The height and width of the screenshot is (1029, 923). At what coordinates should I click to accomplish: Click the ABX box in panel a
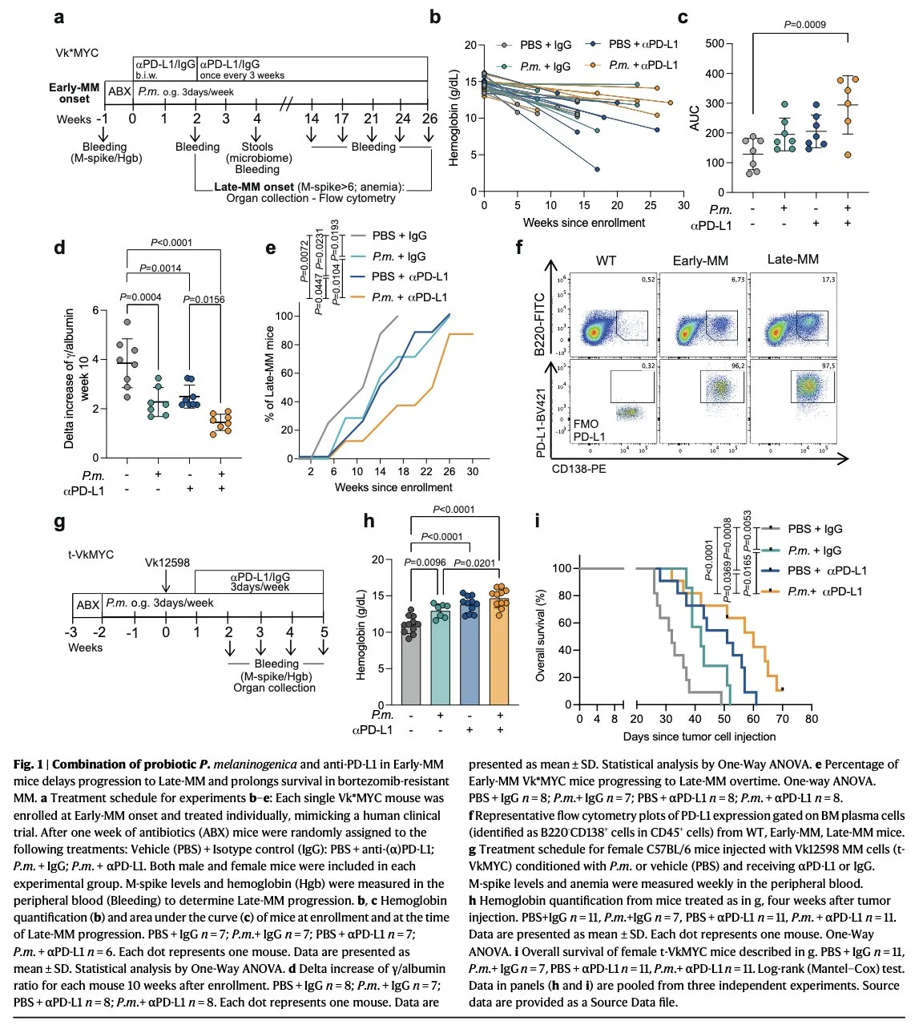119,92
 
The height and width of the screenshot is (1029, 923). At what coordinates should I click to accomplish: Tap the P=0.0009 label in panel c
804,24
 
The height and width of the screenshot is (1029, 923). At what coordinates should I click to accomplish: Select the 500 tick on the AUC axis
715,44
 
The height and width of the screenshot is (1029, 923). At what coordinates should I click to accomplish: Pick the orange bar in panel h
500,651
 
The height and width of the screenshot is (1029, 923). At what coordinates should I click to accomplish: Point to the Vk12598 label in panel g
167,563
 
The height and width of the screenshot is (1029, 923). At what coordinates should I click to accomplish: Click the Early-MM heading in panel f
700,260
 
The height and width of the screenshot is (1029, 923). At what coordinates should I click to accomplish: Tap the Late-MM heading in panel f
792,260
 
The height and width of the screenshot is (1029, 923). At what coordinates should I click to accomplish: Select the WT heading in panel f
607,260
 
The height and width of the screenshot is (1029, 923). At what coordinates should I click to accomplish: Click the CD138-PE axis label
578,469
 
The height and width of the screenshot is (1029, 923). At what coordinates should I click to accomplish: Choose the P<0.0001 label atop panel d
171,243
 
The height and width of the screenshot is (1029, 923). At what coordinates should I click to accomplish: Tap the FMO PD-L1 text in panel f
589,430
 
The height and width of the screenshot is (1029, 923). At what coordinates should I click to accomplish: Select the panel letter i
538,522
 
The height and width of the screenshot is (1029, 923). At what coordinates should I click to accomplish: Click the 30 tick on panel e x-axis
473,472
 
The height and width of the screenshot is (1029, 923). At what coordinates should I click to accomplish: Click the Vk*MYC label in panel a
77,53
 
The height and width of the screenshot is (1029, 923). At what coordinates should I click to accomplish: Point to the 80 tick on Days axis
812,719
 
